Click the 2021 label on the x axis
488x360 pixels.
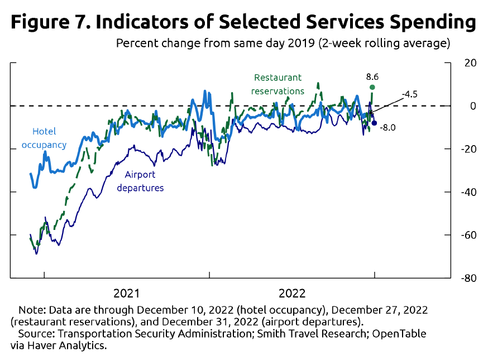coord(127,293)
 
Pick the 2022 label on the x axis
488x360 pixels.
coord(292,293)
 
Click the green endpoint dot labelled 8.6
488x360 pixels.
coord(372,87)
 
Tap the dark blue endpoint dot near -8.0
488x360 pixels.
coord(374,123)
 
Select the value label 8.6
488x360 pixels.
coord(372,76)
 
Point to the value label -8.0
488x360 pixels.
coord(387,128)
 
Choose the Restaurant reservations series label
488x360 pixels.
coord(278,84)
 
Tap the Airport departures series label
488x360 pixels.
coord(140,181)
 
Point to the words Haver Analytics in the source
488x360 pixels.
coord(65,345)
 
